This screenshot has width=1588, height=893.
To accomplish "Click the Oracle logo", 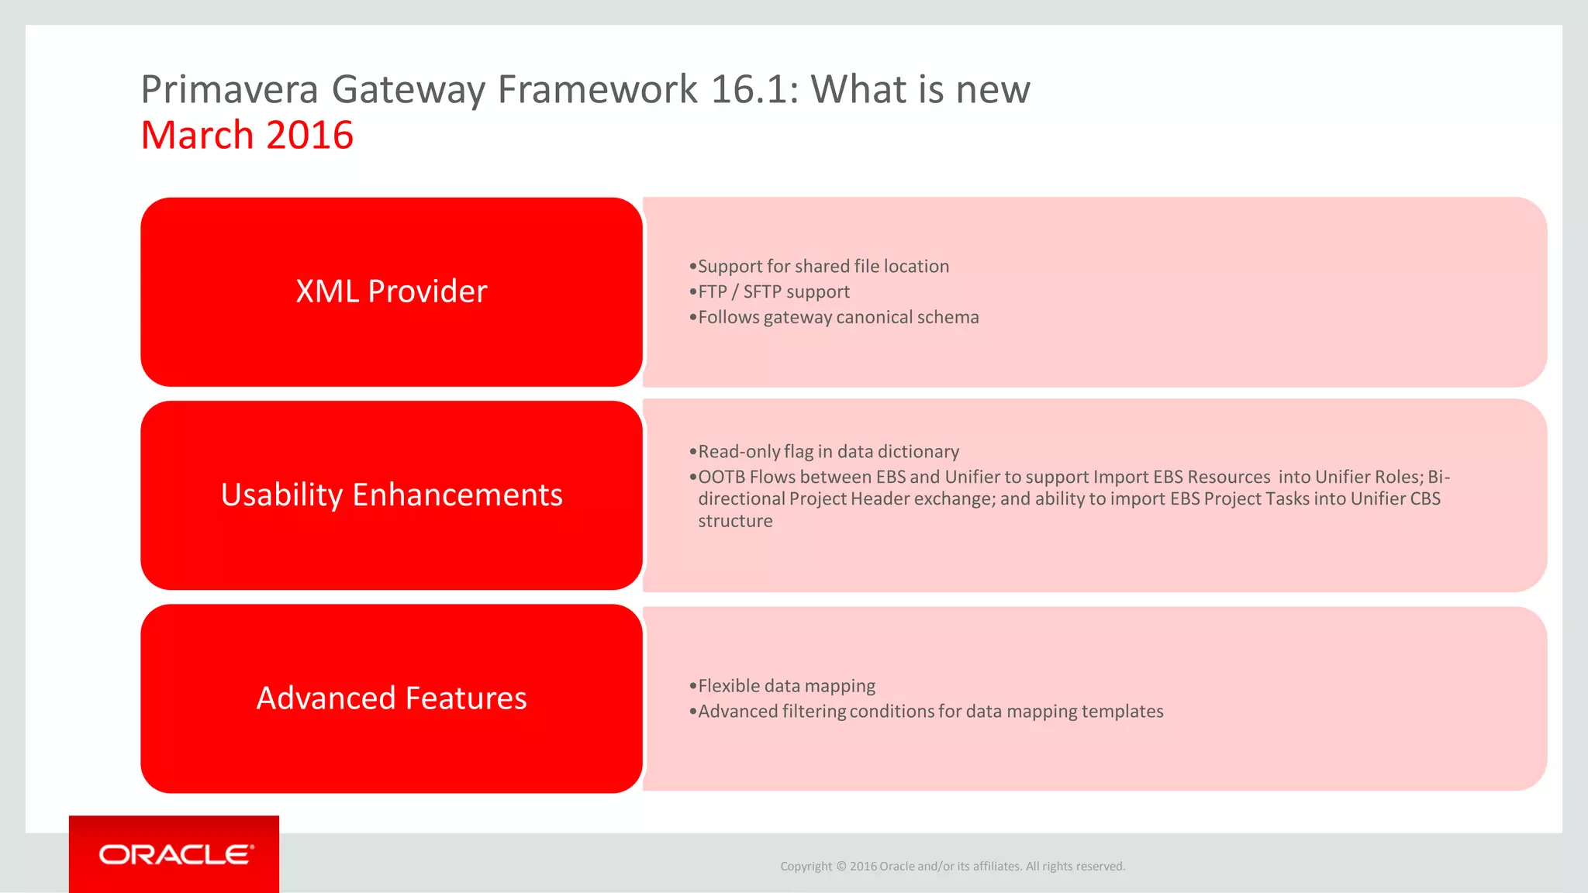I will tap(176, 854).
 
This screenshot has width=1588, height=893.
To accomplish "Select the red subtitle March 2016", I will tap(247, 136).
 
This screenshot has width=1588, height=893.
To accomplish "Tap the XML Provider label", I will tap(392, 291).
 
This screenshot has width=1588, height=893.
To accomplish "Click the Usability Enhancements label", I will tap(392, 495).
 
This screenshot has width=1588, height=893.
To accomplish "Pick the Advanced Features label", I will tap(392, 698).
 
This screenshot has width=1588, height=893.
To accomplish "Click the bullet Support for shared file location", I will tap(823, 267).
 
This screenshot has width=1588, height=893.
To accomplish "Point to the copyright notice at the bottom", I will tap(952, 867).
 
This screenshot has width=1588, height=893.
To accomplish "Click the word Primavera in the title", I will tap(230, 90).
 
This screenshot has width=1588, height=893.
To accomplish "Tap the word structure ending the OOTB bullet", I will tap(735, 522).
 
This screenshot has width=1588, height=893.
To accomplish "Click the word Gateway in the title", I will tap(408, 90).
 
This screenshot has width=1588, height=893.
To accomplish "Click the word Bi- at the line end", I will tap(1438, 478).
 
